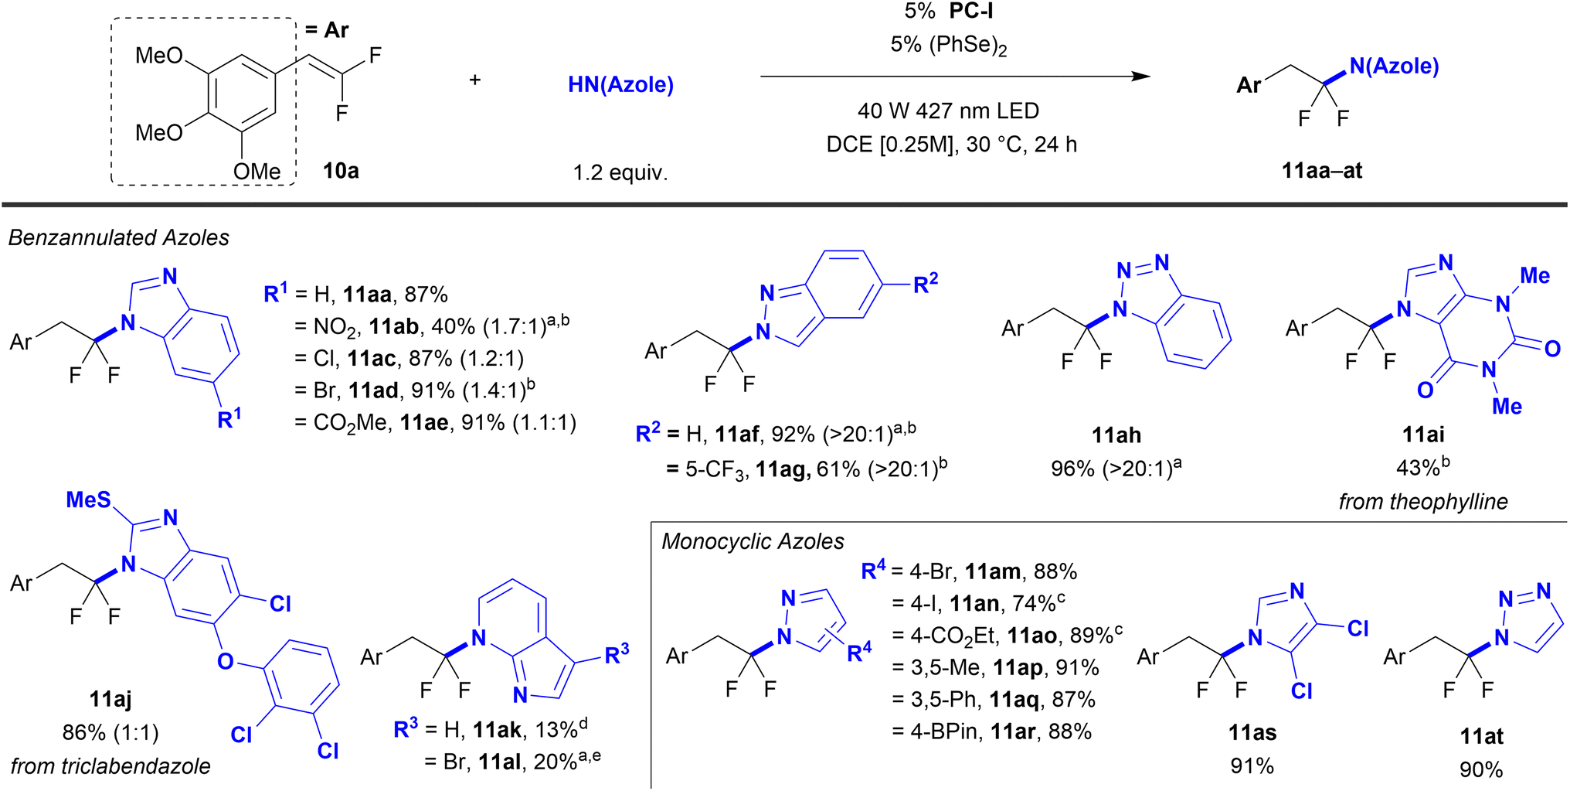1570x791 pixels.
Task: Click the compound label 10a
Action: pyautogui.click(x=341, y=171)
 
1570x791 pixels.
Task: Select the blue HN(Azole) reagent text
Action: pyautogui.click(x=620, y=84)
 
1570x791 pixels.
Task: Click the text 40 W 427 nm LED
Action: pyautogui.click(x=948, y=111)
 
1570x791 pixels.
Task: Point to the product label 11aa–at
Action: pyautogui.click(x=1321, y=171)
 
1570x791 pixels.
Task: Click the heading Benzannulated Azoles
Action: pyautogui.click(x=118, y=237)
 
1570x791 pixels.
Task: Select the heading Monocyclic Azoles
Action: pyautogui.click(x=753, y=541)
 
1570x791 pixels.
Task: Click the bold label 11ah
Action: pyautogui.click(x=1116, y=435)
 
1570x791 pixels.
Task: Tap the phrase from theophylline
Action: pyautogui.click(x=1422, y=502)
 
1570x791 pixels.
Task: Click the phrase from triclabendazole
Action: pyautogui.click(x=110, y=766)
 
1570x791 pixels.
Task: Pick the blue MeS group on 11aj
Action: pyautogui.click(x=88, y=500)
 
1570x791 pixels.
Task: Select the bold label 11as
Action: pyautogui.click(x=1252, y=732)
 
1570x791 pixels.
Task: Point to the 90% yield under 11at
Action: pyautogui.click(x=1480, y=769)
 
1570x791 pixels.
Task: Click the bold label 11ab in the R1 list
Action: pyautogui.click(x=394, y=326)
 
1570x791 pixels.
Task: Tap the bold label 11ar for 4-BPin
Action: pyautogui.click(x=1013, y=731)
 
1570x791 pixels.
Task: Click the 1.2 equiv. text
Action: pyautogui.click(x=620, y=172)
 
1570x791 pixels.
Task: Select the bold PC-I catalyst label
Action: pyautogui.click(x=971, y=12)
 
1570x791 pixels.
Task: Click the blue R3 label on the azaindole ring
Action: pyautogui.click(x=616, y=655)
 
